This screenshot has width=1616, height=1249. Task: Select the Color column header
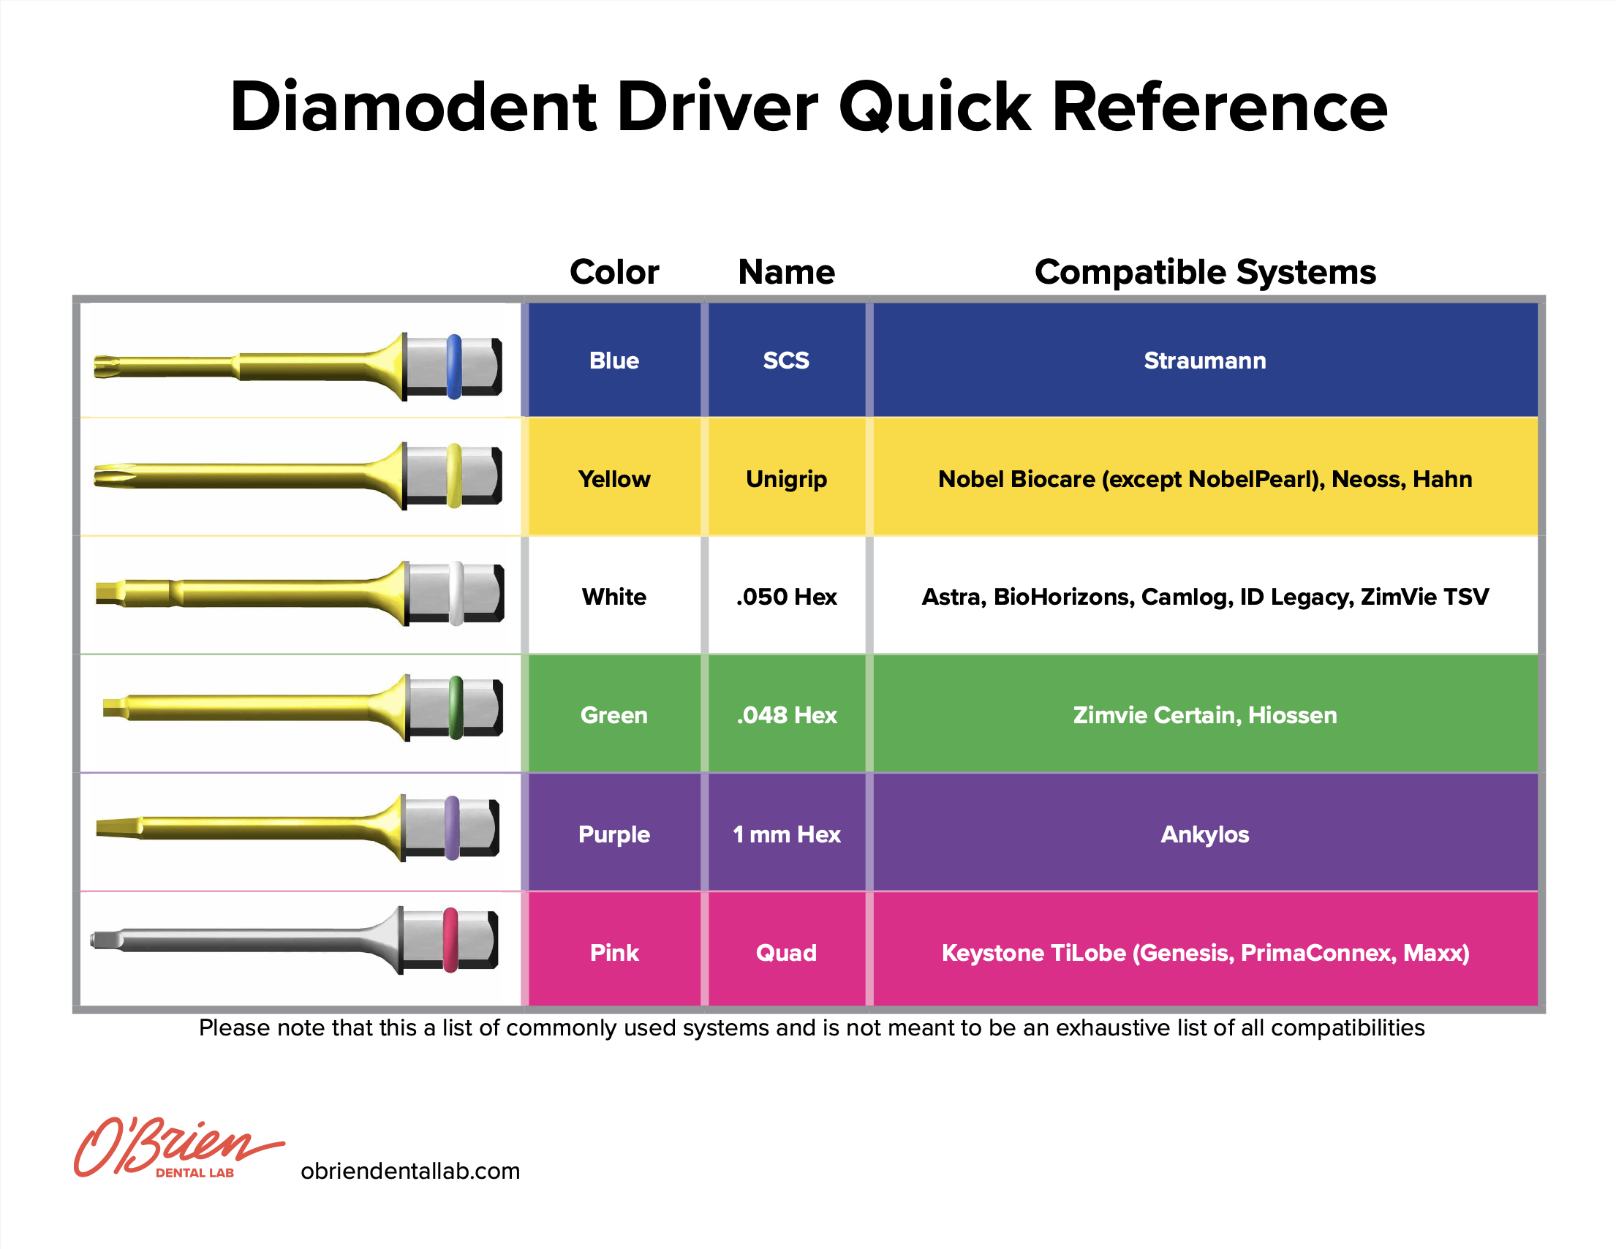[613, 271]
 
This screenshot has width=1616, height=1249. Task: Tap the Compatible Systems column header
[1204, 271]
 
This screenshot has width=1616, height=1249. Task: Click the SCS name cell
[786, 361]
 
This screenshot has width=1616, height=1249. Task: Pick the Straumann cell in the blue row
[1204, 361]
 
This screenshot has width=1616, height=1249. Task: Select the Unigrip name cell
[786, 479]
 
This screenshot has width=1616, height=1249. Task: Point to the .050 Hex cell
[786, 597]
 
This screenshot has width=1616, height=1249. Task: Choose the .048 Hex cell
[786, 714]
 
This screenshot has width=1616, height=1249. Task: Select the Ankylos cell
[1204, 834]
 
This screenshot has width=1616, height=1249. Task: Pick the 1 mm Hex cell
[786, 834]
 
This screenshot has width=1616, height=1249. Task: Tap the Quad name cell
[786, 952]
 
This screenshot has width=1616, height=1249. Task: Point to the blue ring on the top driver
[454, 366]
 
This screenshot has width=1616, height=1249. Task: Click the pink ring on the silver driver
[450, 940]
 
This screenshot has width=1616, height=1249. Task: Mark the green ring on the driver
[456, 707]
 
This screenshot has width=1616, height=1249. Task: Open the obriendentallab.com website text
[410, 1171]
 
